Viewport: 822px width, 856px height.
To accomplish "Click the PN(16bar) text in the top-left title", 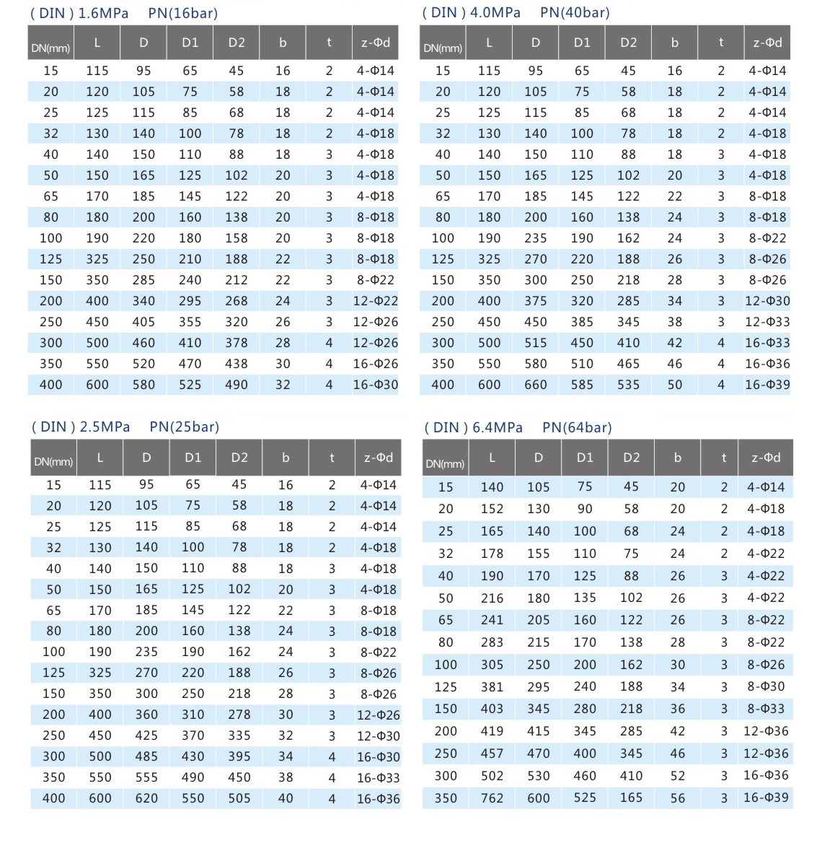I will tap(182, 13).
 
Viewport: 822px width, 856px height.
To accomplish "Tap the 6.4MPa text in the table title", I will tap(498, 427).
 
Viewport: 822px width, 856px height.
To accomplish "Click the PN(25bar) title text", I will tap(184, 427).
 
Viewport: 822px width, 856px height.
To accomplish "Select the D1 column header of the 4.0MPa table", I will tap(582, 43).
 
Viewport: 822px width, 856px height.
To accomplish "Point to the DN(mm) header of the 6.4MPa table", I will tap(445, 463).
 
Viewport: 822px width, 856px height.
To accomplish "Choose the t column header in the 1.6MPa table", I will tap(329, 43).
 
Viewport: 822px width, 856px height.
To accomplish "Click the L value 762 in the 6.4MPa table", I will tap(492, 798).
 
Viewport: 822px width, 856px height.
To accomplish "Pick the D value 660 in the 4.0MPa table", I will tap(536, 385).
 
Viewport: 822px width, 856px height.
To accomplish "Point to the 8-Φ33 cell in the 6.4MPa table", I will tap(766, 709).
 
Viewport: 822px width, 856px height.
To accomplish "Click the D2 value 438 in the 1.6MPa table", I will tap(237, 364).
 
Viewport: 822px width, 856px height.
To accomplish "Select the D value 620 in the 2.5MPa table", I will tap(146, 798).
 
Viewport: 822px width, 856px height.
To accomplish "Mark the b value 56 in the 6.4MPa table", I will tap(678, 798).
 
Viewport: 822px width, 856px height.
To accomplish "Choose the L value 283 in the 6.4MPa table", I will tap(492, 642).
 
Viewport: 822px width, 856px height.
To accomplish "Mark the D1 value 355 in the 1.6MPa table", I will tap(190, 322).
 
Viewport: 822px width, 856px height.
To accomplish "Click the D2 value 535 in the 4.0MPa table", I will tap(628, 385).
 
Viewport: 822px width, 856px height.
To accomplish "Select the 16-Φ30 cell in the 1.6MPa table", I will tap(375, 385).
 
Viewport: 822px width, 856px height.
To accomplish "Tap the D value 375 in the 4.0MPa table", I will tap(536, 301).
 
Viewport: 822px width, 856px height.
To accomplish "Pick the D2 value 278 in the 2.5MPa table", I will tap(239, 715).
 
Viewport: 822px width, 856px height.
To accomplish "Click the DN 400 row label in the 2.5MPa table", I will tap(53, 798).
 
